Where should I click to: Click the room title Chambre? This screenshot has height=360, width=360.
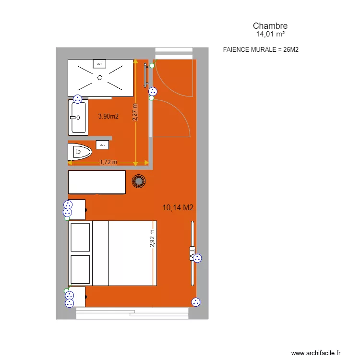click(270, 26)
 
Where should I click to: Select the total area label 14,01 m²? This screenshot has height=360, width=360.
click(270, 35)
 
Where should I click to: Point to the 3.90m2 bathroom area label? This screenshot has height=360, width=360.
click(108, 116)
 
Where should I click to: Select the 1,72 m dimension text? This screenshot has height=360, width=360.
click(108, 162)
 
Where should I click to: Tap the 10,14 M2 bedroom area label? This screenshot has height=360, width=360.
click(178, 207)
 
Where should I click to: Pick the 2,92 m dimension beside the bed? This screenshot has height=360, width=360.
click(152, 238)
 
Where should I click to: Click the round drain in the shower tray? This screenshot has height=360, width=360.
click(100, 77)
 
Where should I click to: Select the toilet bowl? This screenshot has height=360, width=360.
click(80, 153)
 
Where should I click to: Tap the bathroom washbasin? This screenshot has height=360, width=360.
click(77, 118)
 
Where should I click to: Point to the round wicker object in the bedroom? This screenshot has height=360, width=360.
click(139, 181)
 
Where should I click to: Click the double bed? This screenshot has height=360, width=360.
click(113, 253)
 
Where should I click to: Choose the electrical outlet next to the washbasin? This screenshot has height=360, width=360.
click(77, 99)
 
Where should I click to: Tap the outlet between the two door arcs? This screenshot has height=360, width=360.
click(153, 91)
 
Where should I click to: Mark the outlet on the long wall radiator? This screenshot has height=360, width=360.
click(197, 258)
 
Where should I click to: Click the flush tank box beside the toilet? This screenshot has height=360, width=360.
click(102, 144)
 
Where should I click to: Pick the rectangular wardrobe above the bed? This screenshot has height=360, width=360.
click(97, 182)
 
